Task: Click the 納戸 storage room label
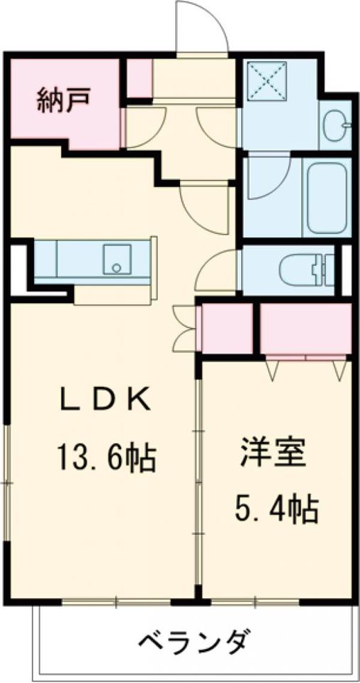coord(63,102)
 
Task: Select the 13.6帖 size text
coord(105,457)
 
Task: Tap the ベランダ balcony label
coord(193,642)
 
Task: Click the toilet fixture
coord(306,270)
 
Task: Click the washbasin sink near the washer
coord(335,127)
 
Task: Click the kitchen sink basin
coord(115,259)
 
